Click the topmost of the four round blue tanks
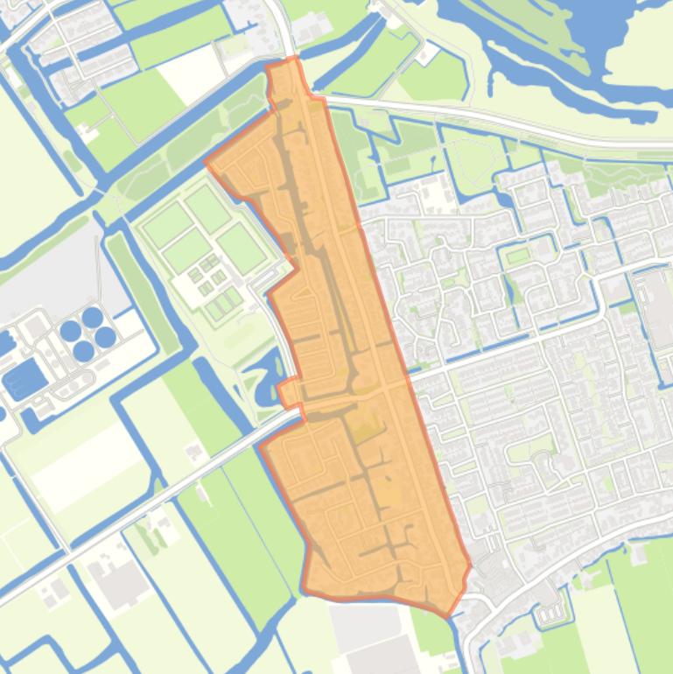point(92,316)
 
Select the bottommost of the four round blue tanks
point(84,351)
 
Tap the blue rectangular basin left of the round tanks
point(24,379)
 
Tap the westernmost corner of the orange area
point(207,162)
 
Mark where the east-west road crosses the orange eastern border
point(407,378)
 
